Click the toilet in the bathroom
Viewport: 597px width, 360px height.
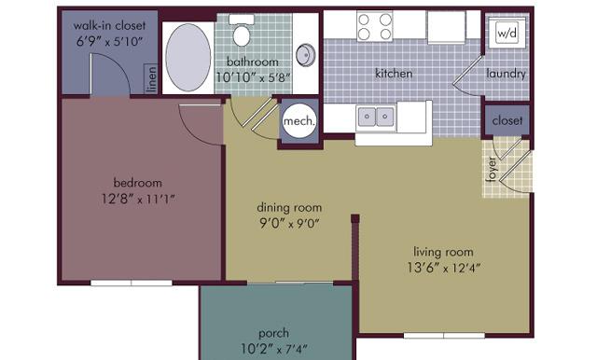(242, 31)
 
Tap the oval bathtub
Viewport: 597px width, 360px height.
(188, 58)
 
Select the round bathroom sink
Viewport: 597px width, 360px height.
(306, 55)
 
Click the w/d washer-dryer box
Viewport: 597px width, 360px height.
(507, 33)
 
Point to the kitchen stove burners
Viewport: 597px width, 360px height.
(375, 26)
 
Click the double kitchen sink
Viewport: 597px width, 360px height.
(375, 116)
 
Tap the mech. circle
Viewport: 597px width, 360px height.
(299, 120)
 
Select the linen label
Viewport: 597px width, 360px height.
(151, 79)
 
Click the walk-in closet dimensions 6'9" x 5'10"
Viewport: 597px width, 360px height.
(109, 41)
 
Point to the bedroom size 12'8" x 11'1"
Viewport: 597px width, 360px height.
(138, 199)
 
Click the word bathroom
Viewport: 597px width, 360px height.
(253, 62)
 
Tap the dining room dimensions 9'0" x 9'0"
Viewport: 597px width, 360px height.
(289, 223)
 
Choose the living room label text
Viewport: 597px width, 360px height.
(443, 252)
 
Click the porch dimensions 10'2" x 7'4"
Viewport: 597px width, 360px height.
(273, 349)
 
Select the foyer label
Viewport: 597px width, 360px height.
(493, 169)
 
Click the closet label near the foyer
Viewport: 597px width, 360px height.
(507, 120)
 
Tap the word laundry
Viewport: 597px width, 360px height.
(506, 74)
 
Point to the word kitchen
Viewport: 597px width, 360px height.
(394, 73)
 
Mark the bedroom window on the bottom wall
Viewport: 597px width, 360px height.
(132, 283)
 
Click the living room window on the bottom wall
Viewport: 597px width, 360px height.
(444, 336)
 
